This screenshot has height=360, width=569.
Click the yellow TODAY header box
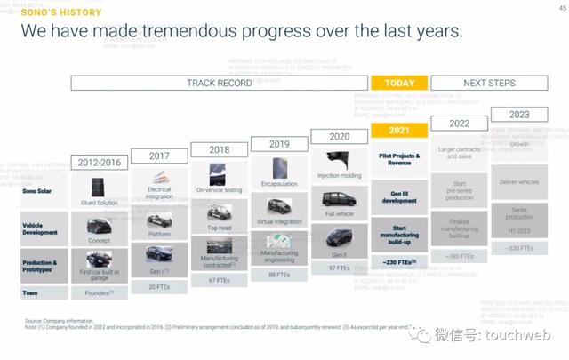coord(399,83)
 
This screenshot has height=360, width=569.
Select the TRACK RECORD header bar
coord(219,83)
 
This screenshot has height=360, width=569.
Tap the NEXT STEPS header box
coord(487,83)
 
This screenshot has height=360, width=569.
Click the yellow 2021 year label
coord(399,131)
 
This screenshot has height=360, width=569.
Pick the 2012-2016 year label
coord(100,163)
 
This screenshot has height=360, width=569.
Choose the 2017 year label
coord(159,156)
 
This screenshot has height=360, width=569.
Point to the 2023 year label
coord(519,115)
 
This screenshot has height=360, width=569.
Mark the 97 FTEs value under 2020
coord(340,268)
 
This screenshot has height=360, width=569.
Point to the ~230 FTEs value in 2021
coord(399,262)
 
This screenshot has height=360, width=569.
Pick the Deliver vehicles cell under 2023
coord(519,181)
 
